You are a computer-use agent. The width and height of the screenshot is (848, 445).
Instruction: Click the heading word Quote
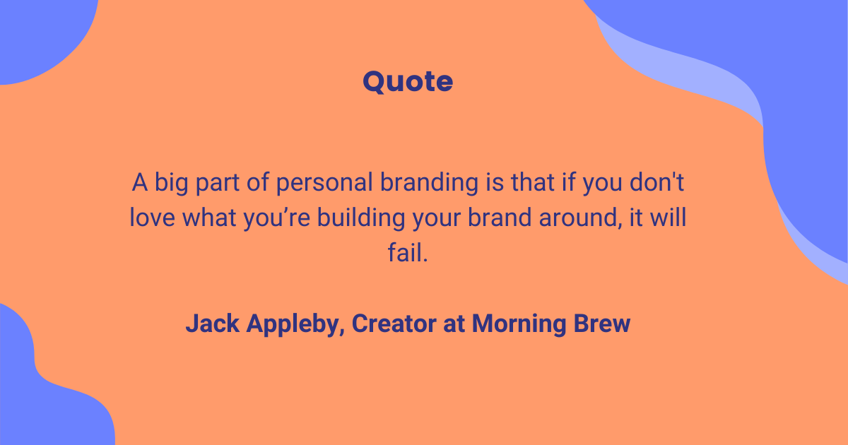pos(408,82)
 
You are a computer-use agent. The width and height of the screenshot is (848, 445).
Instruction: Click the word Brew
pos(601,324)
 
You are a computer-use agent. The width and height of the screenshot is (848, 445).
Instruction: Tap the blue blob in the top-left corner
pos(35,32)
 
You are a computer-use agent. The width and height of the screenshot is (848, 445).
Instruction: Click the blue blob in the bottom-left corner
pos(42,396)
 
